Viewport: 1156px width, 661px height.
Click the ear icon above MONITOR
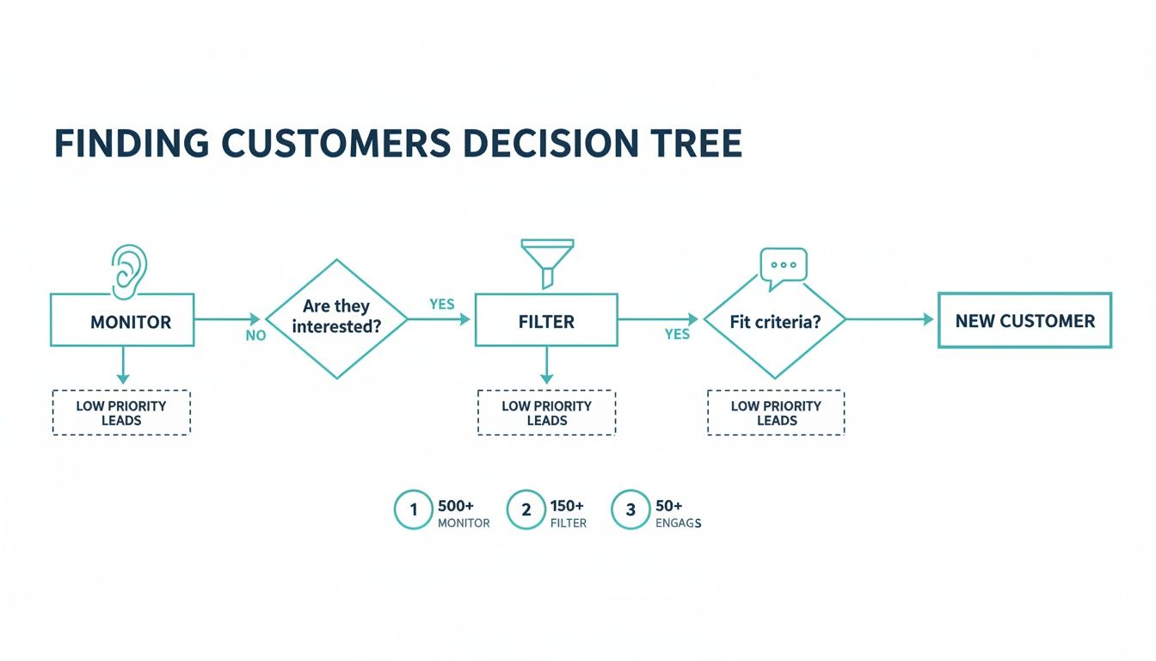130,268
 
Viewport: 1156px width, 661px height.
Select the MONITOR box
122,321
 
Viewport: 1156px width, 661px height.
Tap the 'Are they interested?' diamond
336,318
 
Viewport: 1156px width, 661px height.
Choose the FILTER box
546,321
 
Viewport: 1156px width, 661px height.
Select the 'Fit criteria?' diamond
775,321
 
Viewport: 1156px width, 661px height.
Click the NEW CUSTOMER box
1024,321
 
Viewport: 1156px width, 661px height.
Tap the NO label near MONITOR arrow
255,336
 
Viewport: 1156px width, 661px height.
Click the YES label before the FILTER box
441,304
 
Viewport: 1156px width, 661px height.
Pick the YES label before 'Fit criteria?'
677,334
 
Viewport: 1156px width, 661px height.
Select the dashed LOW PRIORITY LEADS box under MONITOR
121,413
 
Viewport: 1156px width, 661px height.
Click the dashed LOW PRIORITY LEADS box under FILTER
546,413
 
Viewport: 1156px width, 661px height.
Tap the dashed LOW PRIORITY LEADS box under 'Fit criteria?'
776,413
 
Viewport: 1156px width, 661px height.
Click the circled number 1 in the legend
413,510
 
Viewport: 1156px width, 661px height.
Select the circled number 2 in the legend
526,510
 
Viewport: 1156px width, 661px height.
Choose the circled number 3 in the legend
630,510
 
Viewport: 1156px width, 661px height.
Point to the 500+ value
457,505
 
